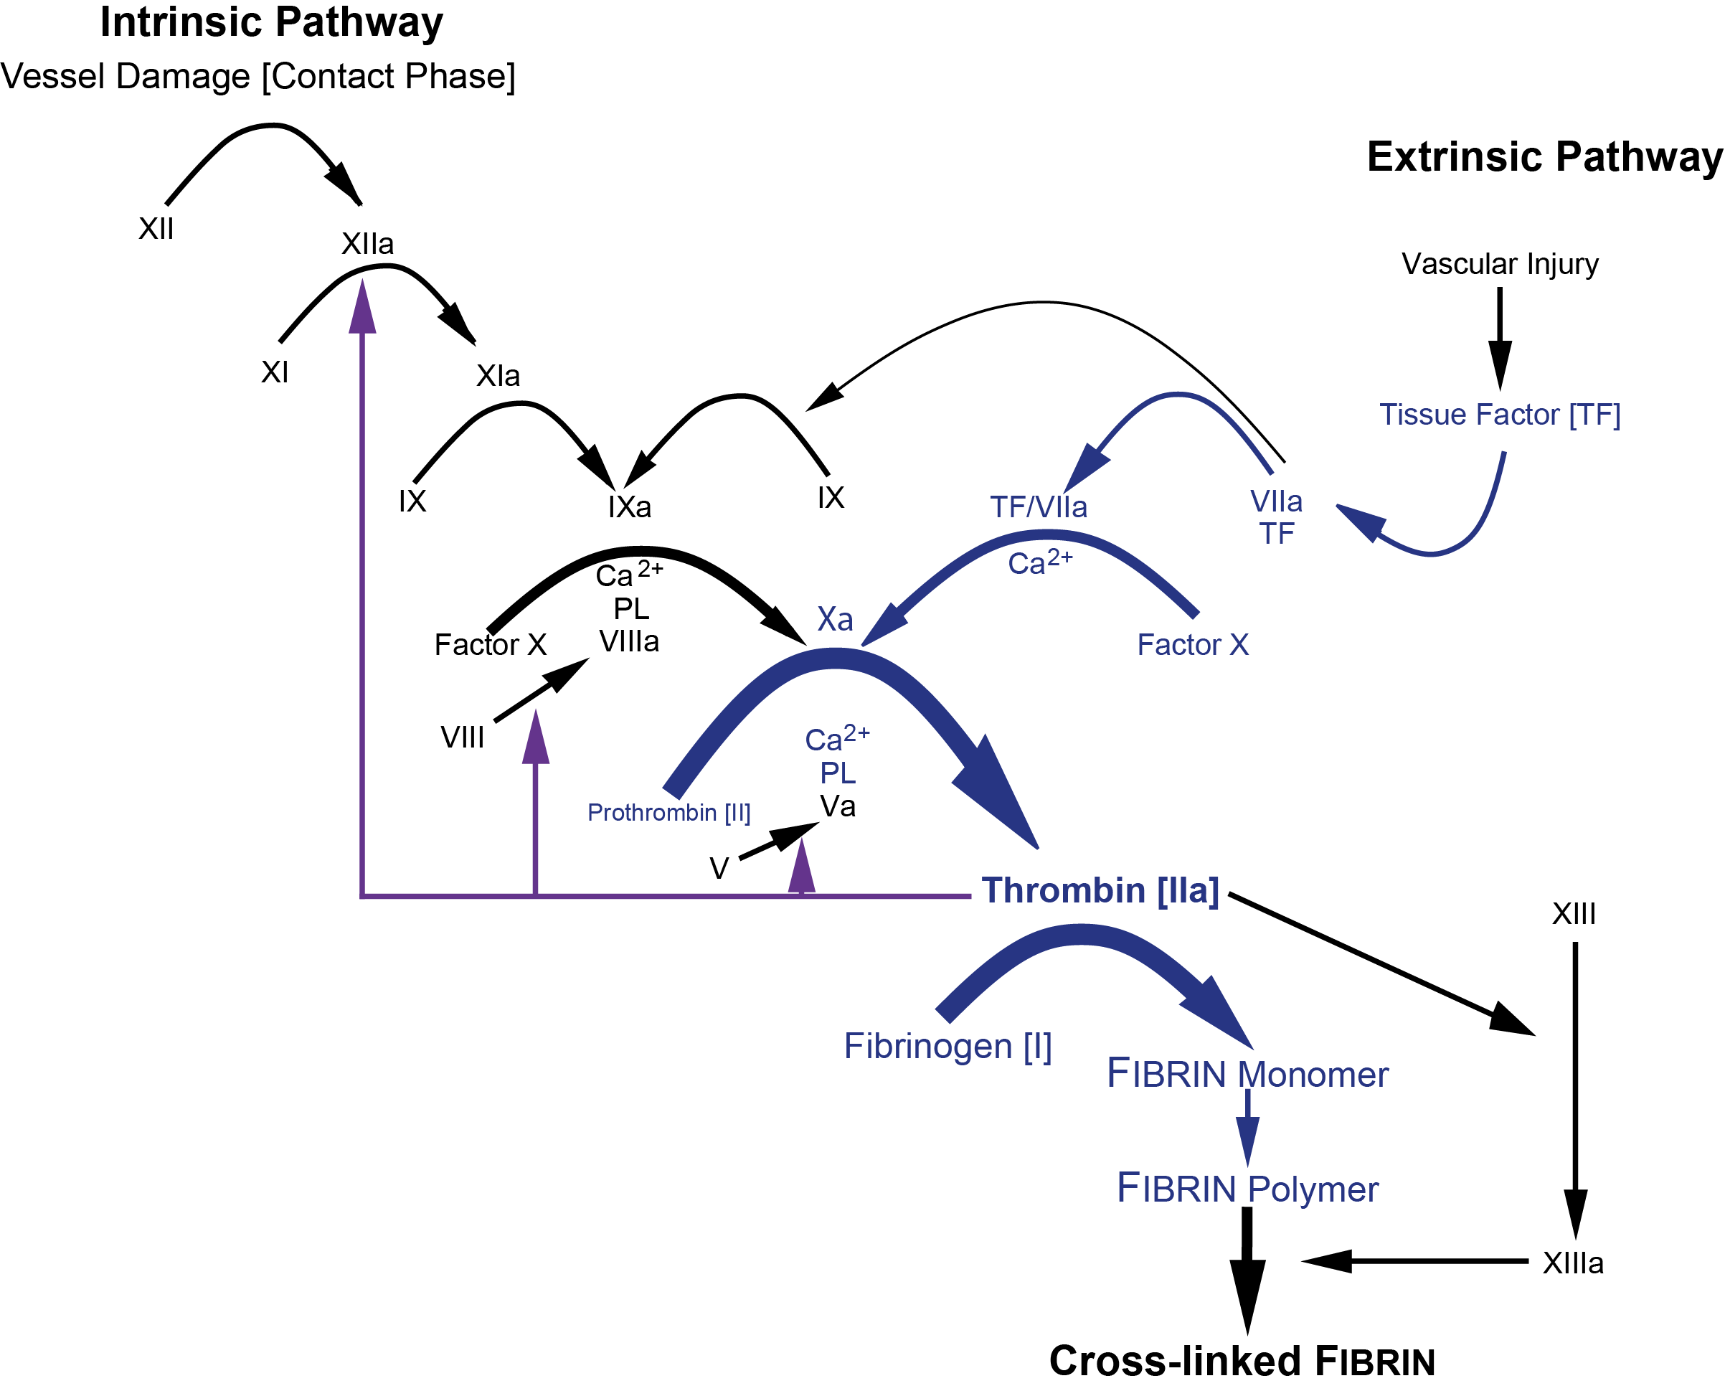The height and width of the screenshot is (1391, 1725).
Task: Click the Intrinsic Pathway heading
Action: (272, 22)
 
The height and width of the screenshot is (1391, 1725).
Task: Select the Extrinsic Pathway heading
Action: (1544, 157)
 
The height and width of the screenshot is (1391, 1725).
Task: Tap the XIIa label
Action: (368, 244)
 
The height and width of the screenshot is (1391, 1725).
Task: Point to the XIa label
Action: (498, 376)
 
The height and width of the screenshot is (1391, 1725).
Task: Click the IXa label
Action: (629, 506)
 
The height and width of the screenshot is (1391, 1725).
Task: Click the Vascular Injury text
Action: (1499, 263)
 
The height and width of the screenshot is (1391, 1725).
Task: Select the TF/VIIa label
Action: (1039, 506)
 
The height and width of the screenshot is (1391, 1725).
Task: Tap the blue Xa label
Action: (834, 619)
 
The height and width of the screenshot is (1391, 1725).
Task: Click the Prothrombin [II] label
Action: (669, 813)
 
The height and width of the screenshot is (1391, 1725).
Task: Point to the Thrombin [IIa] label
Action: (1100, 890)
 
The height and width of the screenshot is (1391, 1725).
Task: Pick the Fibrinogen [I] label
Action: (947, 1047)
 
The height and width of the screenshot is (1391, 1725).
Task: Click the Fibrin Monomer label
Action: (1247, 1075)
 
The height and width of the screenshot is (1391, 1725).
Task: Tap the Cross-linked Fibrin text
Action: (1241, 1361)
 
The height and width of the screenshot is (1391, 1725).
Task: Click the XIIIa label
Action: (1573, 1263)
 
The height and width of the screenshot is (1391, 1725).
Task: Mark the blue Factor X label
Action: (1192, 645)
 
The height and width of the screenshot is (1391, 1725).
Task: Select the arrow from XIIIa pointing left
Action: (1414, 1261)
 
